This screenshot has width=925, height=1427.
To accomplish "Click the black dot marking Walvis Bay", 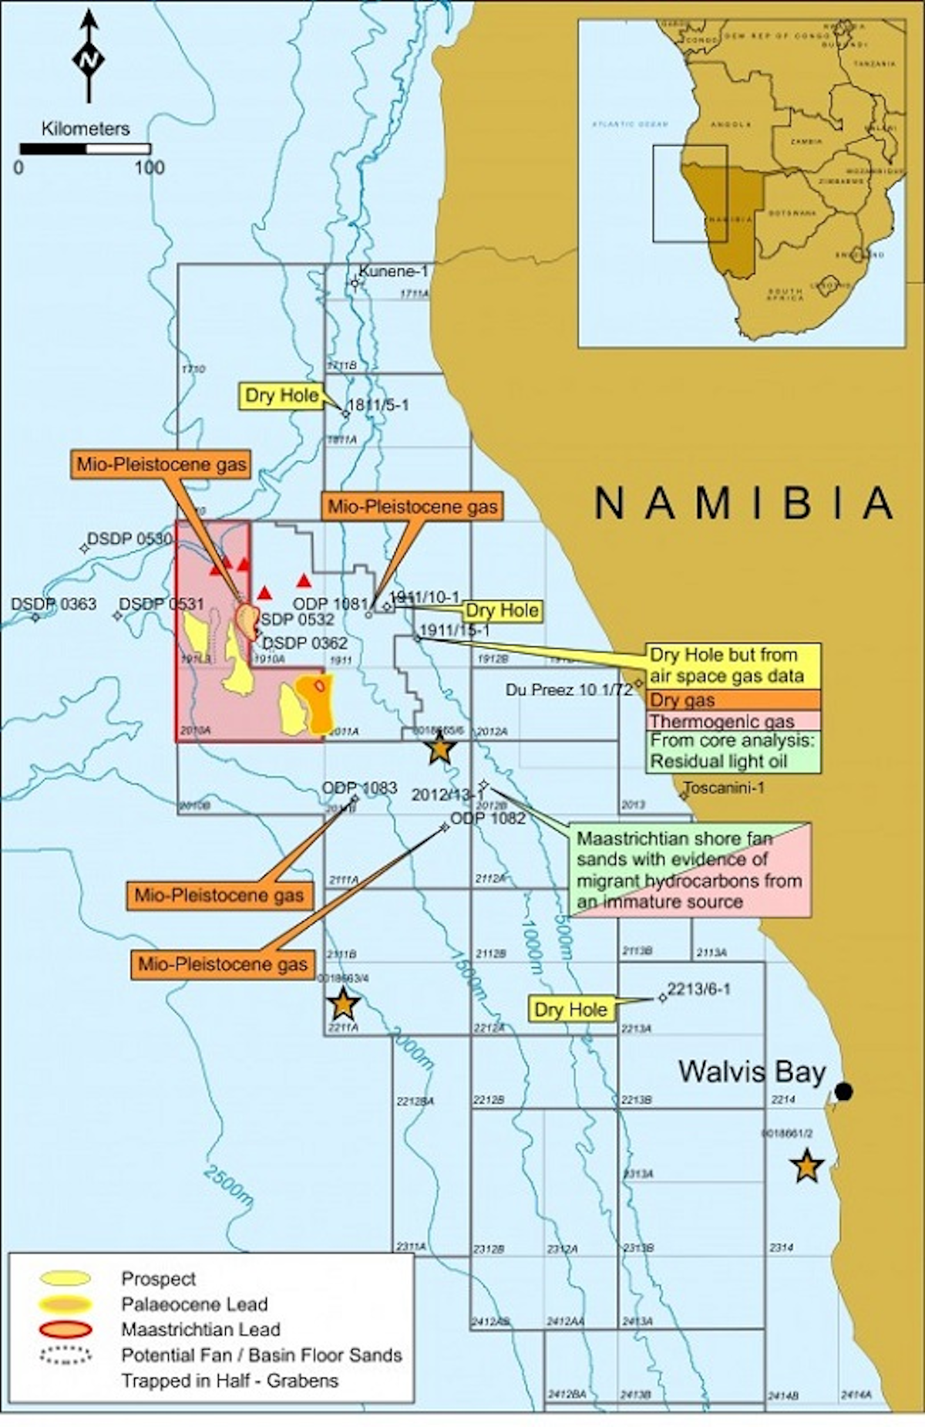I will (844, 1091).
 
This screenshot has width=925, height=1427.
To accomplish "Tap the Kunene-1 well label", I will (393, 271).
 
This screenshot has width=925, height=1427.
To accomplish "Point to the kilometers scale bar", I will (86, 149).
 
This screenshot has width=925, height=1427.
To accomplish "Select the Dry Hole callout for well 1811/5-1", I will (281, 396).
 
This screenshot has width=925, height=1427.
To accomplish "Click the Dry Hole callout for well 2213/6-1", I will (570, 1010).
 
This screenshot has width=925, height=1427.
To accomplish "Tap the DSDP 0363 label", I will (53, 603).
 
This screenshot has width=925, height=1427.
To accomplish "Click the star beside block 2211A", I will (343, 1004).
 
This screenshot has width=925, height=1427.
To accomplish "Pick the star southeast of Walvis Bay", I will (806, 1166).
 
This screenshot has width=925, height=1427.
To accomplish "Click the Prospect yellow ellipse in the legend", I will (66, 1279).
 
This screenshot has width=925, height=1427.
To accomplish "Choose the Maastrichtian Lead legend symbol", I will (66, 1329).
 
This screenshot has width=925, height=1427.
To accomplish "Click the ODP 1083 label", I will (359, 788).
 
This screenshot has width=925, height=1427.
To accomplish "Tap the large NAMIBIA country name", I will (744, 504).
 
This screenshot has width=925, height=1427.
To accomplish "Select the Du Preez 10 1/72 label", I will (569, 689).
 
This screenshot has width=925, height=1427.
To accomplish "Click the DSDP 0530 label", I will (129, 538).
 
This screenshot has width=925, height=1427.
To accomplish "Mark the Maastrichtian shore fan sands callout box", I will (690, 869).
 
